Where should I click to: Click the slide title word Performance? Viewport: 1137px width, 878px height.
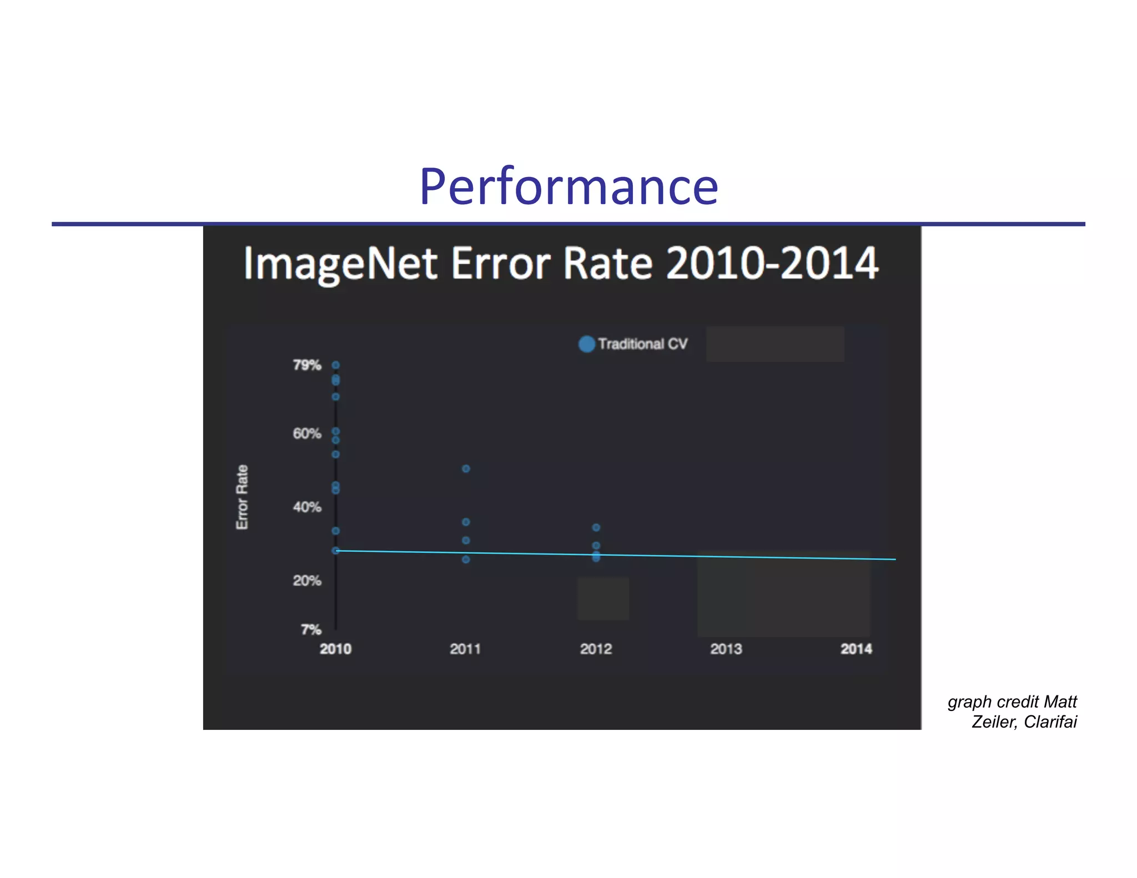click(x=568, y=187)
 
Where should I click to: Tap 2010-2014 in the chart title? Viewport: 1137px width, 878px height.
click(x=772, y=263)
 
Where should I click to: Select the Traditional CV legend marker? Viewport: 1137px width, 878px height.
click(x=586, y=344)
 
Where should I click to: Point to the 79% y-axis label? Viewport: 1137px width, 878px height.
click(x=307, y=365)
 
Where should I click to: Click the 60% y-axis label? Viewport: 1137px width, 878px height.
click(x=307, y=433)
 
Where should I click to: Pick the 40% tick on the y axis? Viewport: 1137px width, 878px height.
click(x=307, y=507)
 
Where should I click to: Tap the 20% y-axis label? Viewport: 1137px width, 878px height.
click(x=307, y=581)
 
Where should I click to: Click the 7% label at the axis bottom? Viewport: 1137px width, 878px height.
click(x=311, y=629)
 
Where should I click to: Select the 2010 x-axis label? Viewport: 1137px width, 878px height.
click(x=335, y=649)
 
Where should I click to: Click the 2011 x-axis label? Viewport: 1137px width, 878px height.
click(x=465, y=649)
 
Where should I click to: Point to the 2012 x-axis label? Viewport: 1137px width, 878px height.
click(x=596, y=649)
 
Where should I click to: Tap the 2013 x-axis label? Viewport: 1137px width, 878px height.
click(x=726, y=649)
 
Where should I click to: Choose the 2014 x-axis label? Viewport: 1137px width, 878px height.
click(x=856, y=649)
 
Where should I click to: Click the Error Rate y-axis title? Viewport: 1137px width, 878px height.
click(x=242, y=497)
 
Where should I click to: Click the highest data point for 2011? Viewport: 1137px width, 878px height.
click(x=466, y=469)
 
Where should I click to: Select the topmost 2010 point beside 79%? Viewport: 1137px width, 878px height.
click(x=335, y=365)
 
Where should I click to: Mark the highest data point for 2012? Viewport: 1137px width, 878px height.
click(x=596, y=528)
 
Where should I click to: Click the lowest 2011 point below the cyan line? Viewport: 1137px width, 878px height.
click(x=466, y=559)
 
